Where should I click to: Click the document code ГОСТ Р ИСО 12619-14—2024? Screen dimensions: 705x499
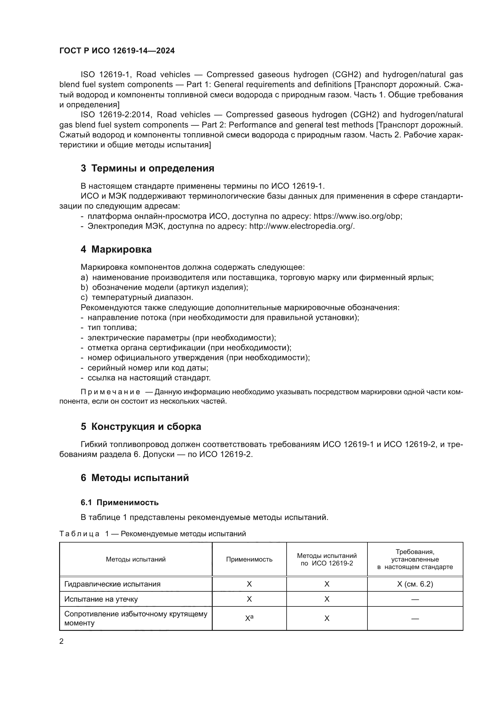click(x=117, y=51)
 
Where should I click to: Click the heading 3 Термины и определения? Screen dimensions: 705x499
click(x=148, y=168)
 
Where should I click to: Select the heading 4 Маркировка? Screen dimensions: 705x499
click(x=116, y=249)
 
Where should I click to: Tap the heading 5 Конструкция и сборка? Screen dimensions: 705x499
click(x=141, y=426)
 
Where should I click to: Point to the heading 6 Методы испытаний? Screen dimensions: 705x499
click(x=135, y=478)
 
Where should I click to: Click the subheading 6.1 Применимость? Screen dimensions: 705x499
click(x=119, y=502)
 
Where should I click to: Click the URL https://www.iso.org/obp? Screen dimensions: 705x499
click(x=357, y=216)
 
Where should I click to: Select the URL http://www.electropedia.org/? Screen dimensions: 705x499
click(x=301, y=226)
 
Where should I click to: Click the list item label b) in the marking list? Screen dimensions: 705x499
click(x=84, y=288)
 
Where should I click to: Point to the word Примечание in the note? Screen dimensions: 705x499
click(x=110, y=392)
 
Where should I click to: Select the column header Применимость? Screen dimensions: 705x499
click(x=249, y=559)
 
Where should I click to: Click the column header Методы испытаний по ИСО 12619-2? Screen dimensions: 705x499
click(x=327, y=559)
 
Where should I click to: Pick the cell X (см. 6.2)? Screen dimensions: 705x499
click(x=415, y=584)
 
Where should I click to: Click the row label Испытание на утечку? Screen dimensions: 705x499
click(x=101, y=599)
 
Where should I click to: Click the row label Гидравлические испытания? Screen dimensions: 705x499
click(x=112, y=584)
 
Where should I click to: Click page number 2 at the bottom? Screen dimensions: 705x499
click(x=62, y=641)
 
